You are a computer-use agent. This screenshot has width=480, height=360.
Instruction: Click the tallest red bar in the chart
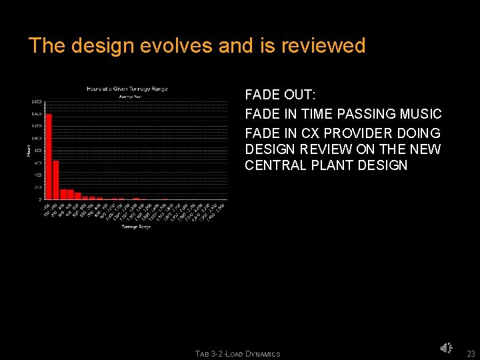click(49, 157)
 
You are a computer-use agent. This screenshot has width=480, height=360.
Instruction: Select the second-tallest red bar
click(56, 179)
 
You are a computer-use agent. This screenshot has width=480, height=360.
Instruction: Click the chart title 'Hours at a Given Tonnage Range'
click(127, 89)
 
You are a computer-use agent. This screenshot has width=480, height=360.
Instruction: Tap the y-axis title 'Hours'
click(29, 151)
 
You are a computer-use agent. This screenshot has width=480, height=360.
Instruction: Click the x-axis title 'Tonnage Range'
click(136, 227)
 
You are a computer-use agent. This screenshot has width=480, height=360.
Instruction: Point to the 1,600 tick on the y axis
click(37, 102)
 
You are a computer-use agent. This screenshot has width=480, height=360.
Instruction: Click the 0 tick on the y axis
click(40, 199)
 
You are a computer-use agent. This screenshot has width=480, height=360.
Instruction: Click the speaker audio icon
click(446, 347)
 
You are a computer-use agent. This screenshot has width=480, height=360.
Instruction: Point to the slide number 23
click(471, 353)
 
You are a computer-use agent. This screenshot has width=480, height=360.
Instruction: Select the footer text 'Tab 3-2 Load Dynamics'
click(238, 354)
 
